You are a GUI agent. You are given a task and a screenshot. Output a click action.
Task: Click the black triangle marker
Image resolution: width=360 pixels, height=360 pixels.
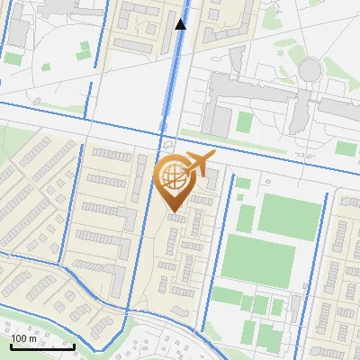[x=181, y=24]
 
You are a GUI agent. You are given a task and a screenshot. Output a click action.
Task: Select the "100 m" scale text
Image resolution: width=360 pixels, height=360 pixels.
[x=25, y=338]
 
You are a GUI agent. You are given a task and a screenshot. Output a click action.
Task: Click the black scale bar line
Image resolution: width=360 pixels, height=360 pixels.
[x=42, y=346]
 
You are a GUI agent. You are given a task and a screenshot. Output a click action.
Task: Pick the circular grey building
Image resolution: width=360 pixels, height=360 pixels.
[x=310, y=69]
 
